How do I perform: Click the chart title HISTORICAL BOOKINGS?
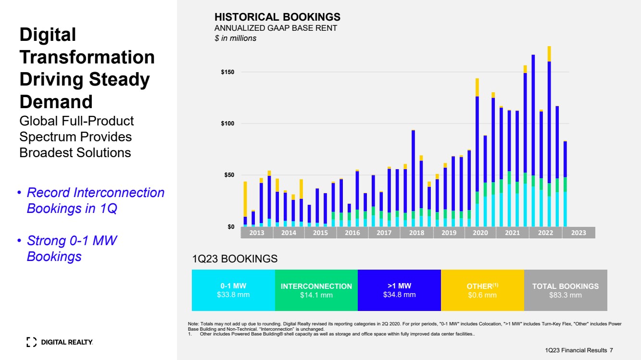pos(277,17)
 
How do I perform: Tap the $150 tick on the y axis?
pos(227,72)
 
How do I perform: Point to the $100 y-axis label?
pos(227,124)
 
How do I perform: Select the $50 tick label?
pos(228,175)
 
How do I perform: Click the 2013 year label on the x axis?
pos(256,233)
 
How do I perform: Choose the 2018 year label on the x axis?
pos(416,233)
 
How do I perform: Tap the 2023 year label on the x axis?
pos(578,233)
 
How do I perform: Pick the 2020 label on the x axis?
pos(480,233)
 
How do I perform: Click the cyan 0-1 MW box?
pos(233,290)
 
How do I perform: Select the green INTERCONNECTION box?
pos(316,290)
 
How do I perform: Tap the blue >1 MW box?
pos(399,290)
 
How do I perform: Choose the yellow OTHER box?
pos(482,290)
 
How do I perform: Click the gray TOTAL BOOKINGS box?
pos(566,290)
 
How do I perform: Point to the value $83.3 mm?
pos(566,295)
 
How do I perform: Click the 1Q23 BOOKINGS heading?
pos(235,259)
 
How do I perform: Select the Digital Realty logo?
pos(60,342)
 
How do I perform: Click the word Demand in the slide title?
pos(56,102)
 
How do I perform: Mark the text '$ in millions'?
pos(235,38)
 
